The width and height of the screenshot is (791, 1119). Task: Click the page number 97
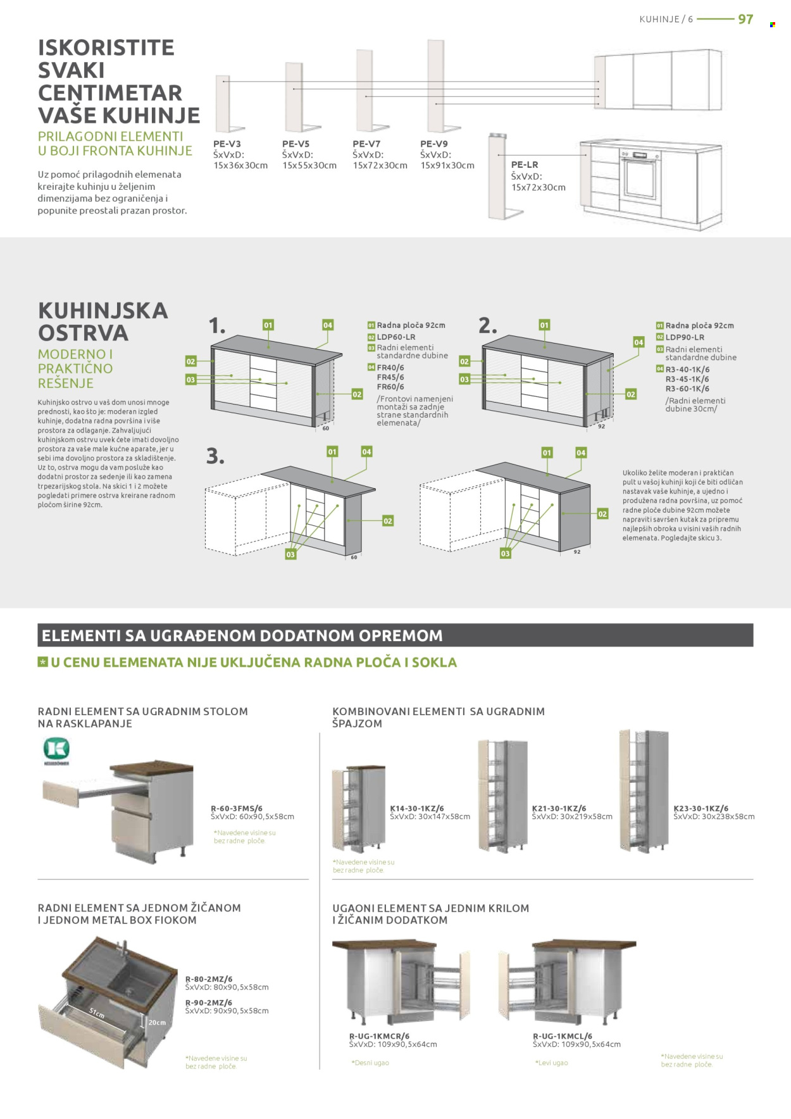pos(745,19)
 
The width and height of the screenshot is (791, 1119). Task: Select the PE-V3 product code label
pos(227,144)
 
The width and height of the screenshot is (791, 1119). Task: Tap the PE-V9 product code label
pos(433,144)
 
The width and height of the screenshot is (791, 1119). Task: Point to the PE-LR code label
pos(524,165)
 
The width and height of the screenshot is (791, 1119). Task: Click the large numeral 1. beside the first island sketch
pos(216,326)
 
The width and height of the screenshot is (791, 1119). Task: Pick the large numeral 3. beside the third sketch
pos(215,456)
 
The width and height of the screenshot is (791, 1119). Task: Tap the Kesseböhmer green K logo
pos(56,749)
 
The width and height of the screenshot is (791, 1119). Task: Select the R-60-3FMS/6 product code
pos(236,808)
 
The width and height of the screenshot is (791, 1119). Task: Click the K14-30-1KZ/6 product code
pos(416,808)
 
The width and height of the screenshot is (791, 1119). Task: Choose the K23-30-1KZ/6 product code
pos(701,808)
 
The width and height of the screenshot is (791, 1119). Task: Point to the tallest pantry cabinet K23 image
pos(644,791)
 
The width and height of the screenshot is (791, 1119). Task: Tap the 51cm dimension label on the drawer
pos(97,1013)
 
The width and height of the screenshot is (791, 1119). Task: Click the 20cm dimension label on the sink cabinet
pos(157,1022)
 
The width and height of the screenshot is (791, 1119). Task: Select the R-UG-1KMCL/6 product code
pos(562,1036)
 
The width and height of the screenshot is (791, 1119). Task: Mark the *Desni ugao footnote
pos(370,1063)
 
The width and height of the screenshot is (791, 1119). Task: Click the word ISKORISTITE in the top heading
pos(106,47)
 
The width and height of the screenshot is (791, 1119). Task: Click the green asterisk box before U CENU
pos(43,662)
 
